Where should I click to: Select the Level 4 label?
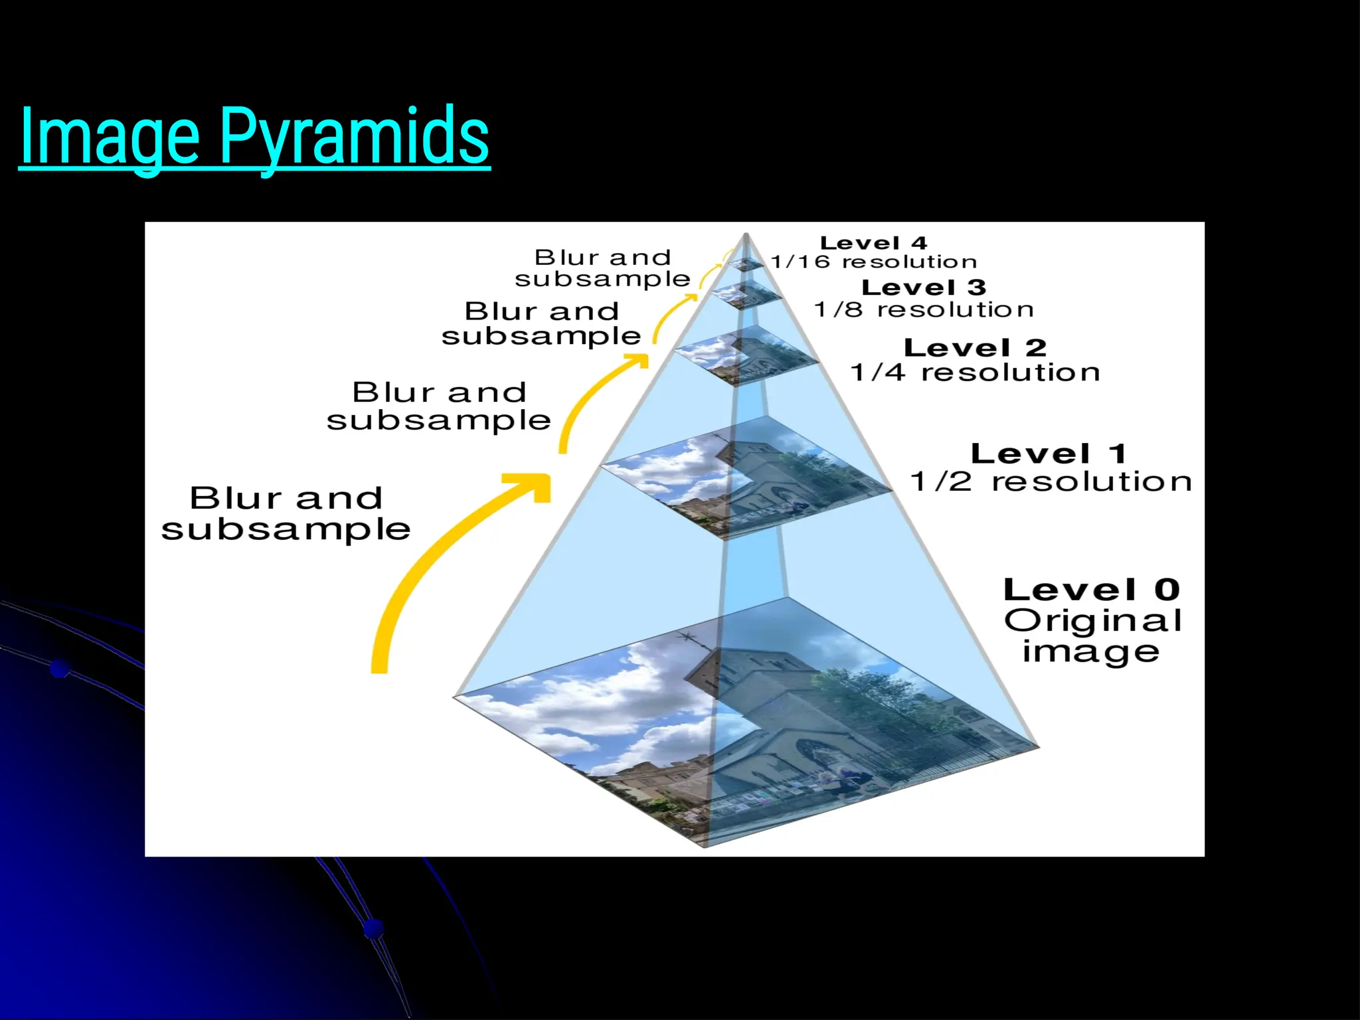point(873,243)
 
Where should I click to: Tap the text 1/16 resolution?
point(873,262)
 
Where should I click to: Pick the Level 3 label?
point(923,288)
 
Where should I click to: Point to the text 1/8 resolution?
point(924,309)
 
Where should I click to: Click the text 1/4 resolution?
point(975,373)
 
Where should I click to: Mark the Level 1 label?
point(1049,454)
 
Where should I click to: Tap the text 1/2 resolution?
point(1051,481)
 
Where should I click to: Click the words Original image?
point(1092,636)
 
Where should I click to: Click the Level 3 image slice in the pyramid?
point(746,294)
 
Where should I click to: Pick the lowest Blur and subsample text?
point(286,513)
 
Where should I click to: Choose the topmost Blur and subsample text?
point(602,268)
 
